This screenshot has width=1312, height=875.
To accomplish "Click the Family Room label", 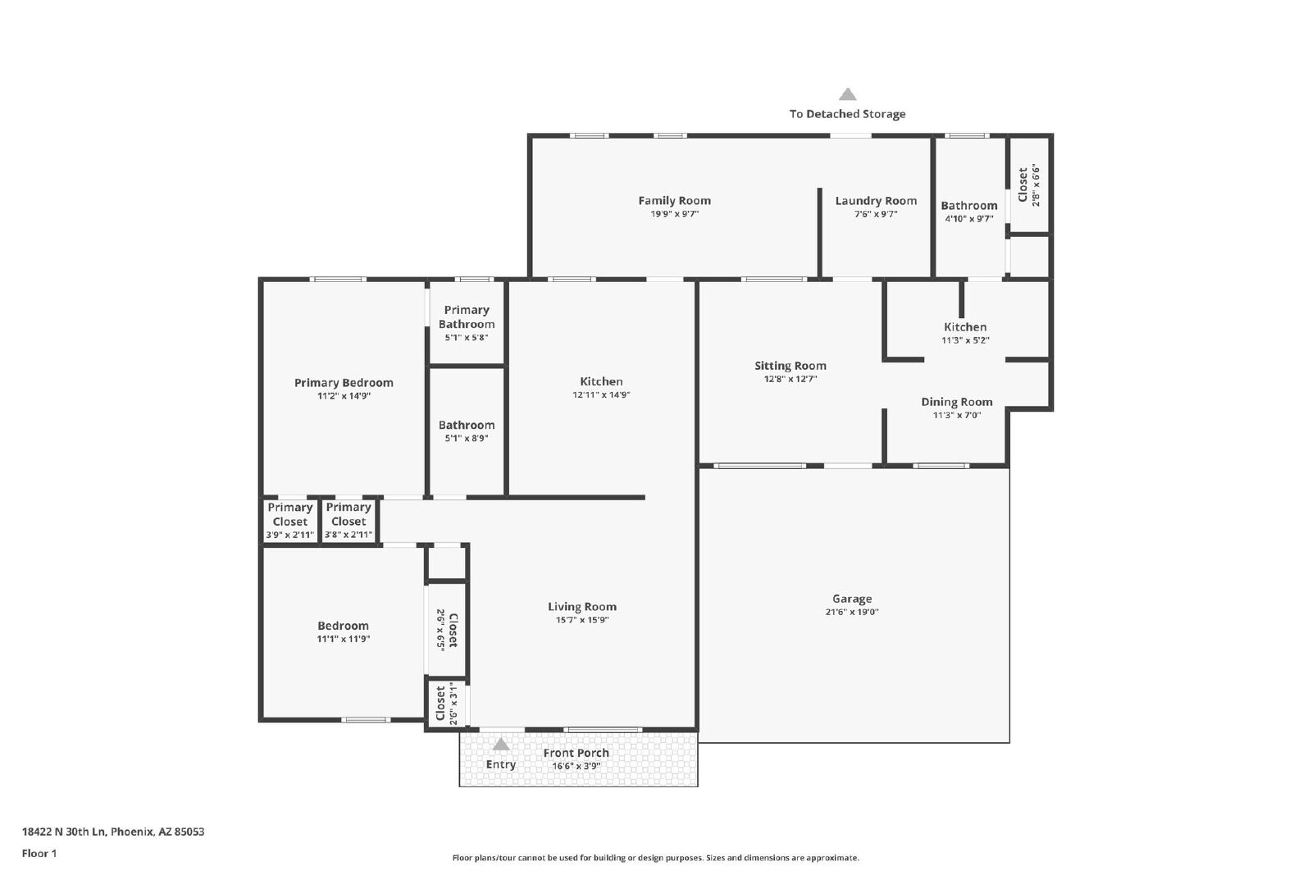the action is pos(674,200).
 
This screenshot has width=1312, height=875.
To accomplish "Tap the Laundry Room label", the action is pos(876,201).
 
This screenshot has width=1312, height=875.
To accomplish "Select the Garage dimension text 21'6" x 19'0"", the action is pos(852,612).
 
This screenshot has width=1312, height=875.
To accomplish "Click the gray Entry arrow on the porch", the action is pos(500,744).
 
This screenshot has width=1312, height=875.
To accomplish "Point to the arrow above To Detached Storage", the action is pos(847,94).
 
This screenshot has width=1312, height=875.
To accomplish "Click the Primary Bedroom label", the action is pos(344,382).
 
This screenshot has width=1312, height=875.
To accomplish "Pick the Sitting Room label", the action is pos(790,366).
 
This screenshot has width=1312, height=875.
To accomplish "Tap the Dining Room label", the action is pos(956,402).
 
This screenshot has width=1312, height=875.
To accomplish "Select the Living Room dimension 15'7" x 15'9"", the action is pos(582,620).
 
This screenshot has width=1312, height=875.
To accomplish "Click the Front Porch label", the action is pos(576,753).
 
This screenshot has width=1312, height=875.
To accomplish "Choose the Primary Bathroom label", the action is pos(467,317).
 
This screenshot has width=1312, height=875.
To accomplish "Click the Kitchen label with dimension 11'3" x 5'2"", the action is pos(964,327).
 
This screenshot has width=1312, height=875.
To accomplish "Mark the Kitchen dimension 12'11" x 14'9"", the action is pos(601,394).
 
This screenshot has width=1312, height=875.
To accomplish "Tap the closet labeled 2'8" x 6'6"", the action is pos(1028,185).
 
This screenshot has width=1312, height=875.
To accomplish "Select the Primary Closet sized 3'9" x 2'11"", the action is pos(290,520).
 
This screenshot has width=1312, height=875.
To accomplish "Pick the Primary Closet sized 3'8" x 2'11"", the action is pos(348,520).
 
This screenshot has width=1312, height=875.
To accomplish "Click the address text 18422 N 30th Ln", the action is pos(65,832).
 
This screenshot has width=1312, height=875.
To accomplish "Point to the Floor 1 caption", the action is pos(39,854).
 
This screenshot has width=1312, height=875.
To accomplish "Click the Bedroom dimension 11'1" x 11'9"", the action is pos(344,639).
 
